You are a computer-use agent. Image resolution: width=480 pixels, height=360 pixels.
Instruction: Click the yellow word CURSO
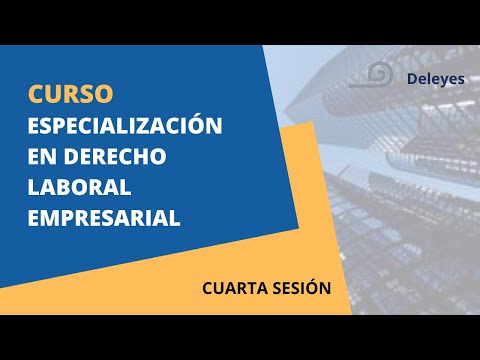pyautogui.click(x=70, y=94)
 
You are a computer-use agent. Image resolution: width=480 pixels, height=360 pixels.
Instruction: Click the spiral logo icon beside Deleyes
pyautogui.click(x=379, y=75)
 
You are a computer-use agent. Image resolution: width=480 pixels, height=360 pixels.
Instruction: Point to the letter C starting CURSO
pyautogui.click(x=36, y=94)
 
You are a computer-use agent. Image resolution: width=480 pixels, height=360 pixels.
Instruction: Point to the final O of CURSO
pyautogui.click(x=105, y=94)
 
